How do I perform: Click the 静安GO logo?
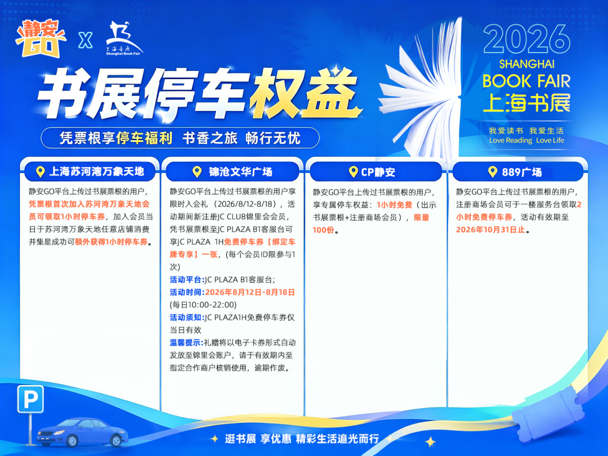tap(41, 38)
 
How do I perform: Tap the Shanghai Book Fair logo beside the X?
tap(124, 38)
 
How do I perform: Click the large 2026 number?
tap(526, 39)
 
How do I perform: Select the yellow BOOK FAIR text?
tap(526, 81)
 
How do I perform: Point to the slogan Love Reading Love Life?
tap(526, 140)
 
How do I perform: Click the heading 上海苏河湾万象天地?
tap(97, 171)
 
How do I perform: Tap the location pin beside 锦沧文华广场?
tap(197, 172)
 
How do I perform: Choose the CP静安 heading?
tap(378, 172)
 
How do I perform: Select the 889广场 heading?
tap(521, 172)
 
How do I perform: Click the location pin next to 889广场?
tap(493, 172)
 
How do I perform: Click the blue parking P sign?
tap(30, 399)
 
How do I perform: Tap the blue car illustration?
tap(82, 432)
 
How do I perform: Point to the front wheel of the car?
tap(71, 440)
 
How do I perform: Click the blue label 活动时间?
tap(187, 292)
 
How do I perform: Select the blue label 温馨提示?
tap(186, 343)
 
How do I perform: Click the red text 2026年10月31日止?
tap(490, 230)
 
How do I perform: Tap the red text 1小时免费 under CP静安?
tap(394, 205)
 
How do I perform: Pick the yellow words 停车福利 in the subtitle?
tap(144, 138)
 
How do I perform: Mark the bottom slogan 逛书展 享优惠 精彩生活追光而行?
tap(302, 439)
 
